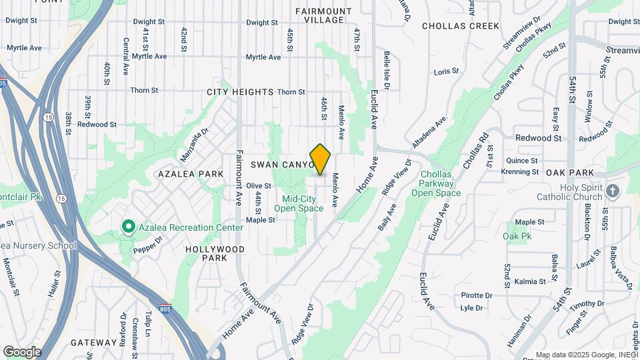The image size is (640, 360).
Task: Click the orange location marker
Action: pos(321,159)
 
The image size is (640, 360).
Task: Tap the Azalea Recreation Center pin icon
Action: pos(128,227)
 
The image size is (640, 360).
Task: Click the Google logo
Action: pos(22,352)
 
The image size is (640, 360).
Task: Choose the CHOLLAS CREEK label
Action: pos(461,26)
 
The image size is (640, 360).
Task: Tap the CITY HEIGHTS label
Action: pos(240,91)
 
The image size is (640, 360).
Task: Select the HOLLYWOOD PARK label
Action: pos(215,253)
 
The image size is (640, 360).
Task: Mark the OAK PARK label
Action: pos(569,172)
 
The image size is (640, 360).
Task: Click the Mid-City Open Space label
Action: pos(303,203)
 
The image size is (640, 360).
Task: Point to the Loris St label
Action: pos(447,71)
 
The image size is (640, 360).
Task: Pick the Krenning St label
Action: pos(521,172)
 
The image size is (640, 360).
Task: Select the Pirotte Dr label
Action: pos(477,295)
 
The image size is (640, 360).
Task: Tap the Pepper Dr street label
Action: pos(147,246)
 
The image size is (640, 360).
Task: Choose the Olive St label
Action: pos(259,186)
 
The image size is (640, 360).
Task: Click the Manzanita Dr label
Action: pos(195,145)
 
